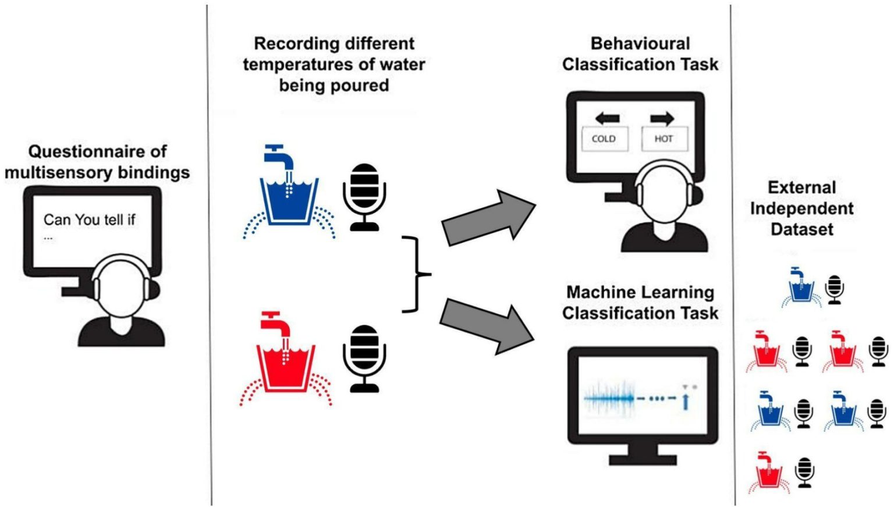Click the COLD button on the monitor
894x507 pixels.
click(604, 139)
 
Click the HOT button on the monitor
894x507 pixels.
click(664, 139)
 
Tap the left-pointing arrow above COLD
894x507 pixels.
click(607, 119)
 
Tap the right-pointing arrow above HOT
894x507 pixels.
click(662, 119)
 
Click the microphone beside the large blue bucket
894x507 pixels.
click(364, 196)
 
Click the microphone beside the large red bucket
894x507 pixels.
click(364, 357)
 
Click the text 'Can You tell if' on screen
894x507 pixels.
click(89, 219)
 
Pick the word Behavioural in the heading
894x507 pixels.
click(640, 44)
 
